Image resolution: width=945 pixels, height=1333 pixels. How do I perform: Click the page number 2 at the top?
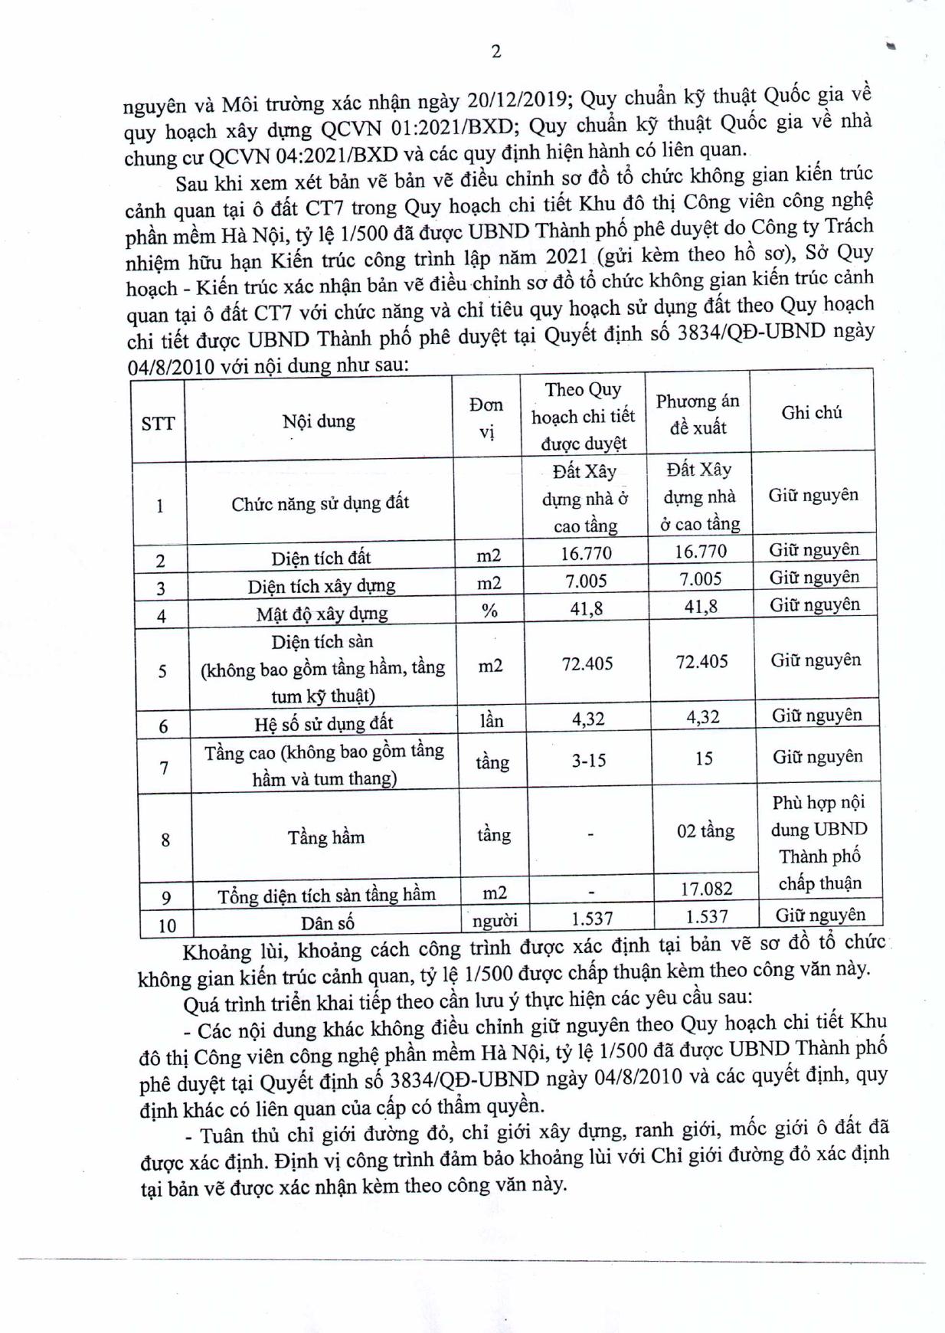[x=495, y=51]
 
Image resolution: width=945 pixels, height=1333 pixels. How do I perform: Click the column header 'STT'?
[x=158, y=423]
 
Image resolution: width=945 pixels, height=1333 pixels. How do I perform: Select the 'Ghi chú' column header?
[x=812, y=413]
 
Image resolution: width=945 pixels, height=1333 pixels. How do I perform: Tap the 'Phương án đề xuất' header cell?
[x=698, y=414]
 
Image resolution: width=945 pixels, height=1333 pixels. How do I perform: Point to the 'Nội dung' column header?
[x=319, y=421]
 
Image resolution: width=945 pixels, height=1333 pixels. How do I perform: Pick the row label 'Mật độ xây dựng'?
[x=322, y=614]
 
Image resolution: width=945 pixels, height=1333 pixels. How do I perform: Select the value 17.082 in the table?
[x=706, y=889]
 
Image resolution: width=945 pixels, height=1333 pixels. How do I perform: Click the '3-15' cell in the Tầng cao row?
[x=588, y=761]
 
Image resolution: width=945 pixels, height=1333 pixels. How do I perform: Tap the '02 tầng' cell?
[x=705, y=831]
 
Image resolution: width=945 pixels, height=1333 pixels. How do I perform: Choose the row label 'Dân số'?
[x=328, y=922]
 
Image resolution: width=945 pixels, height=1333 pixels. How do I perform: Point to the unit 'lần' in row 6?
[x=491, y=720]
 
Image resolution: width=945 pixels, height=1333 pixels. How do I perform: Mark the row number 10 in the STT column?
[x=166, y=925]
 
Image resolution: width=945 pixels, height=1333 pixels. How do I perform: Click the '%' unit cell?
[x=489, y=611]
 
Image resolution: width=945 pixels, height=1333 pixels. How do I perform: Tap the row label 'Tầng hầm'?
[x=326, y=837]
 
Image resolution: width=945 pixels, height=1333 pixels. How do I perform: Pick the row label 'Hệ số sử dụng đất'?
[x=323, y=723]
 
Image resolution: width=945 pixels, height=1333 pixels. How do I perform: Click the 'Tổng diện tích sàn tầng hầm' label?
[x=326, y=895]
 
